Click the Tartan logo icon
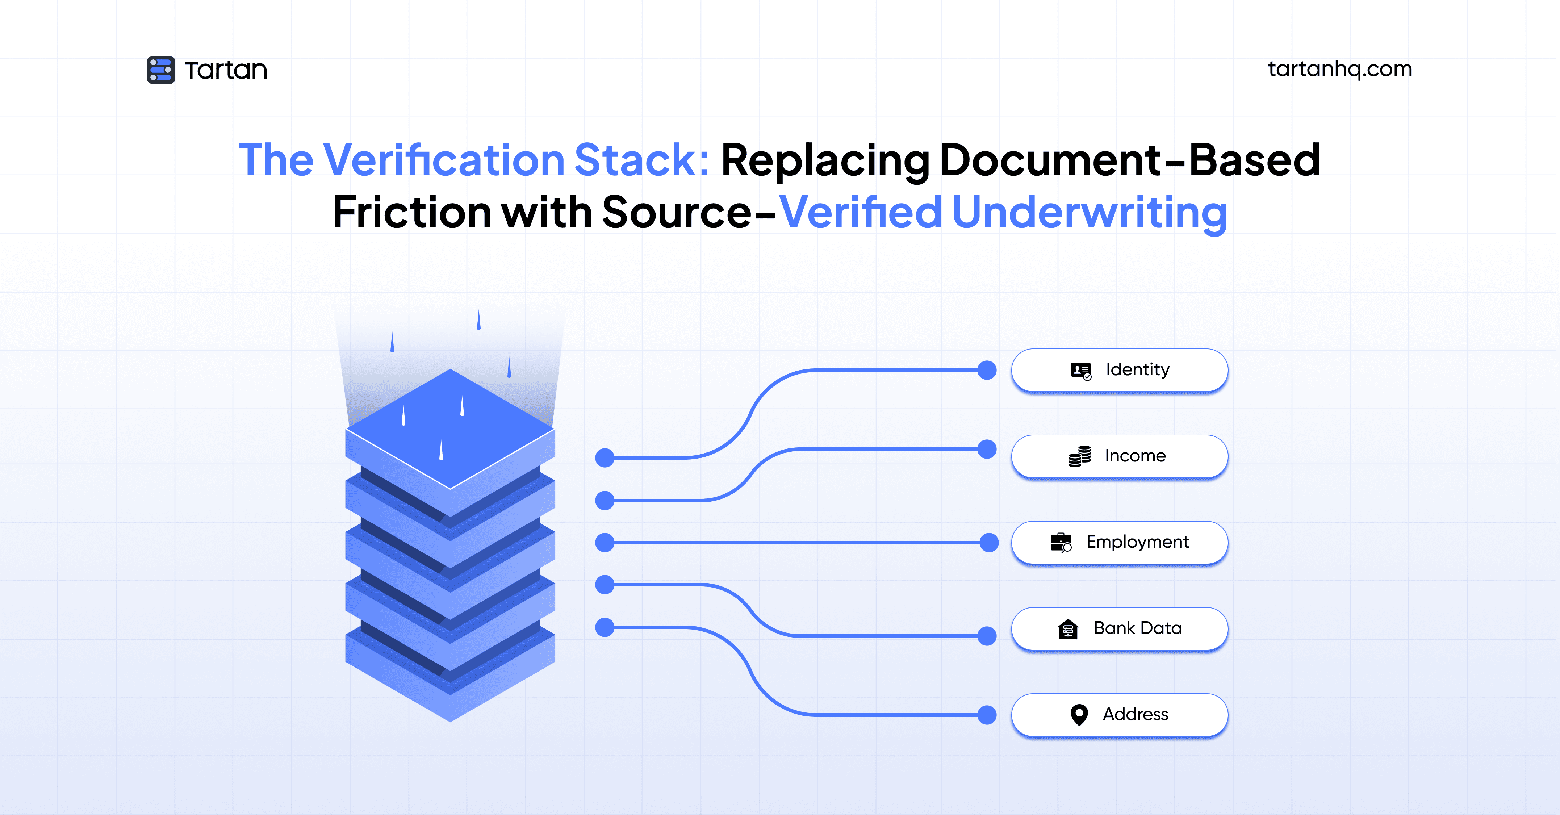coord(160,70)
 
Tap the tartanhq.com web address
coord(1339,69)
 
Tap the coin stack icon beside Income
coord(1079,456)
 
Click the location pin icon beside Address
coord(1079,715)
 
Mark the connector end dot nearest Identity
coord(987,370)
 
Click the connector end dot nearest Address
coord(987,715)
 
